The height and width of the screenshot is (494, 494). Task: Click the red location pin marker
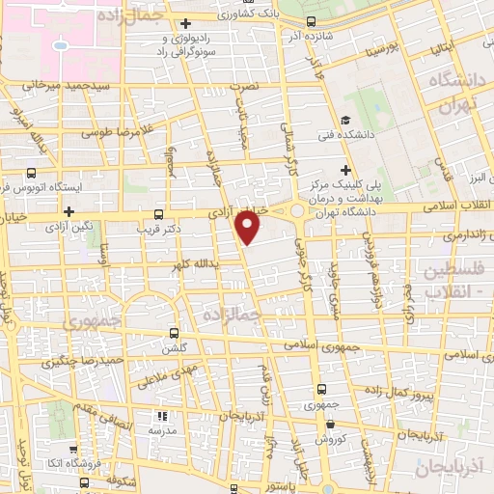248,226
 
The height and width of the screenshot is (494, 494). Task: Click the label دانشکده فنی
341,136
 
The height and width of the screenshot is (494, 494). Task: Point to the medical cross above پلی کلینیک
345,170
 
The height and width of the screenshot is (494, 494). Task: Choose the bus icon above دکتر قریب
158,213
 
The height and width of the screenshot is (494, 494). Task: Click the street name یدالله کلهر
184,262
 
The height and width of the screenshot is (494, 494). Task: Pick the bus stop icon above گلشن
175,331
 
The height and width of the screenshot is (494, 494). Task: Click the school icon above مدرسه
162,418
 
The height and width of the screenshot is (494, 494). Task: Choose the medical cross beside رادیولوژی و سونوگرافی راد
186,24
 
